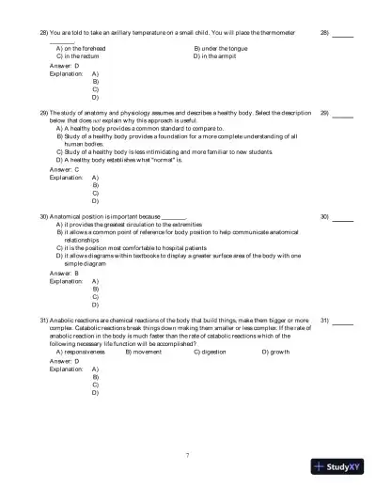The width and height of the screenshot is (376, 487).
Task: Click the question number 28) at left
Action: click(43, 33)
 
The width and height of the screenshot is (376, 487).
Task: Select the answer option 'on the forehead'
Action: click(79, 48)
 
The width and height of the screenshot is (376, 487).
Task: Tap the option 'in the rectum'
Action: click(77, 56)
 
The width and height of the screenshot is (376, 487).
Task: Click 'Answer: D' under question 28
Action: click(64, 66)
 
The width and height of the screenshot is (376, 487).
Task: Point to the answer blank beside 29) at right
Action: click(342, 114)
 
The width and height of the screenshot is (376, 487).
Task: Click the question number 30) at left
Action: click(43, 216)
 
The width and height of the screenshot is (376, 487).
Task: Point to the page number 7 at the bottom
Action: click(188, 454)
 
